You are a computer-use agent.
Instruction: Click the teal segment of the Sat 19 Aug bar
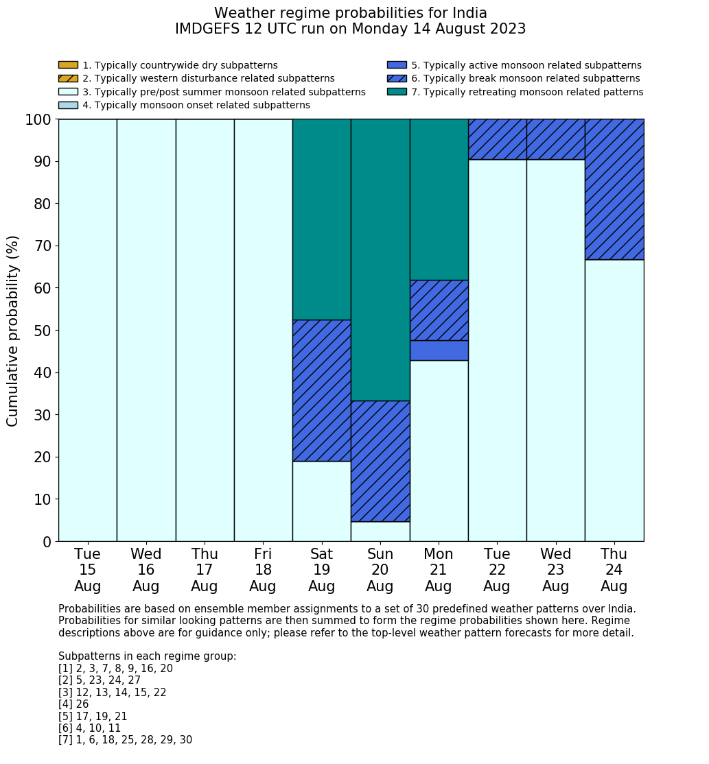click(x=321, y=219)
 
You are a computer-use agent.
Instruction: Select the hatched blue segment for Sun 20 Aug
click(x=380, y=461)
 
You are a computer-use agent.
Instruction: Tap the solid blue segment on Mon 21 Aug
click(x=439, y=350)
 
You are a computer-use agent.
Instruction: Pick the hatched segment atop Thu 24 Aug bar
click(x=614, y=189)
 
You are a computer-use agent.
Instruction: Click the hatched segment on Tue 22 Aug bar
click(x=497, y=139)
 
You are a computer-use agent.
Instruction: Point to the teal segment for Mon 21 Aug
click(x=439, y=199)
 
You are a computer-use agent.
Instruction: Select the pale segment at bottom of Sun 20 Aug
click(x=380, y=532)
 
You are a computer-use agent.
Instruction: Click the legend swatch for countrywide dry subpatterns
click(x=68, y=65)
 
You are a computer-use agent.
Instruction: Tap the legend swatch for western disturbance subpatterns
click(x=68, y=78)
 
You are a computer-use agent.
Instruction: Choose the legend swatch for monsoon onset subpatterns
click(x=68, y=105)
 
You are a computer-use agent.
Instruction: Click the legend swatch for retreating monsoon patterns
click(x=397, y=92)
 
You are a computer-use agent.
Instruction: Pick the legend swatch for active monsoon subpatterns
click(x=397, y=65)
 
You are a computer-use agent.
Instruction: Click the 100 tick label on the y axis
click(x=38, y=120)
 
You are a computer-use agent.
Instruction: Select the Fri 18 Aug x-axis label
click(x=263, y=570)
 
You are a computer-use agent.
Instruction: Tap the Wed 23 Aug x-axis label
click(x=555, y=570)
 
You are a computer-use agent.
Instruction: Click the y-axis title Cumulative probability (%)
click(x=13, y=331)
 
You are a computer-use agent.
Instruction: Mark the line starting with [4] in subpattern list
click(x=73, y=704)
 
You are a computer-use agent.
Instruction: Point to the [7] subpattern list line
click(x=125, y=740)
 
